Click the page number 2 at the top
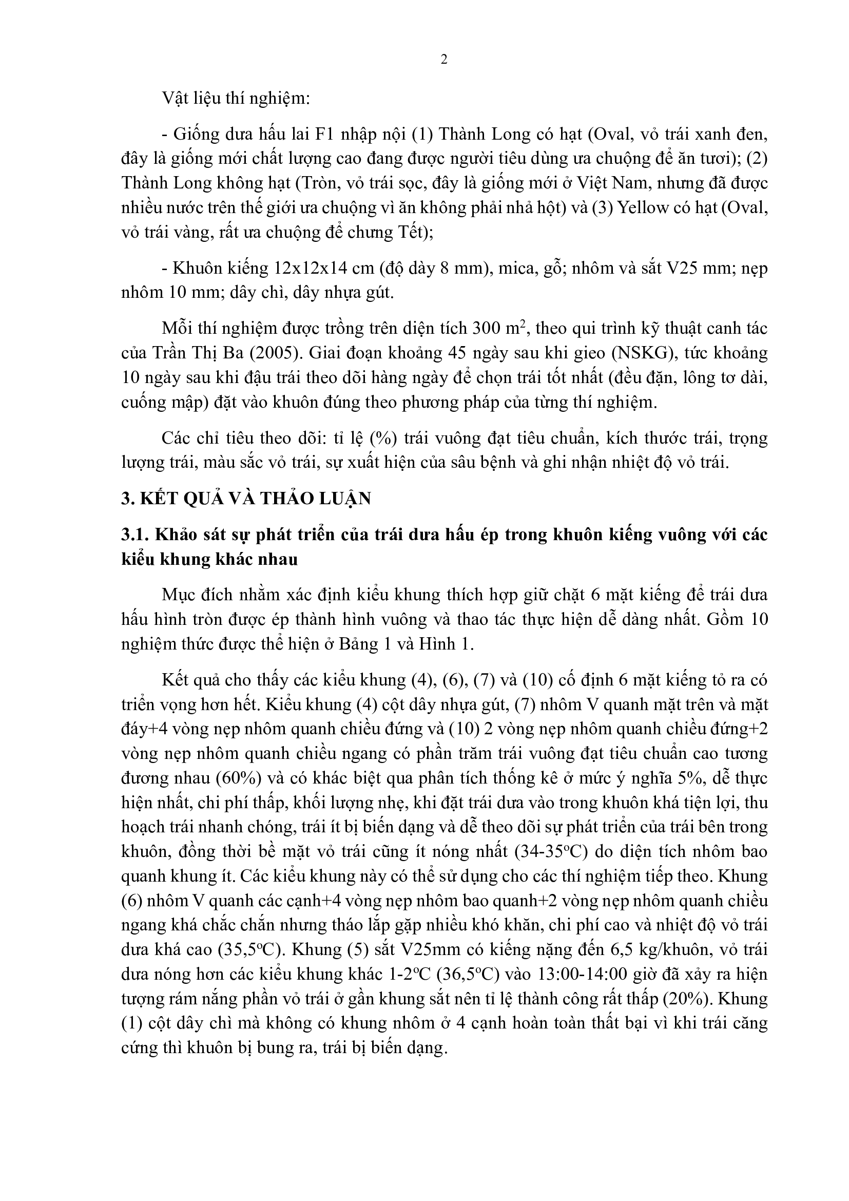click(x=444, y=60)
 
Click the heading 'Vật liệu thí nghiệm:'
click(x=236, y=98)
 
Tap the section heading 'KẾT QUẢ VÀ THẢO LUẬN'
click(x=254, y=499)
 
